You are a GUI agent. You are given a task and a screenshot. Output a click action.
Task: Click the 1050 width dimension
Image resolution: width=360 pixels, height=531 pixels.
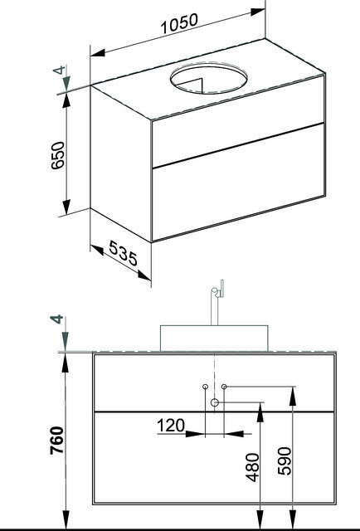179,24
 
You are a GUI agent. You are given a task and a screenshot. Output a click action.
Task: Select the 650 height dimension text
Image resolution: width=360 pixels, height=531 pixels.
57,155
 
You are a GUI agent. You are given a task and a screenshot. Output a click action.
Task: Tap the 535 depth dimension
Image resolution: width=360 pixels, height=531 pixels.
124,253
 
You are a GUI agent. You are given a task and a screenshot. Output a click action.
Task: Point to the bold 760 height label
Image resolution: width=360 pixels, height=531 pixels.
56,441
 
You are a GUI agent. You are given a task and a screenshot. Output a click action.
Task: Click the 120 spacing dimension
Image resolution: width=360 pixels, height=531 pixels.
171,426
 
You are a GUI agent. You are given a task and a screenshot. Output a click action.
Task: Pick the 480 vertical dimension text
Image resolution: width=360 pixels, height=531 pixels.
252,467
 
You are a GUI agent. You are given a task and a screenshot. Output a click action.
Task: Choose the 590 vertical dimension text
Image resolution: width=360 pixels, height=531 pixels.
285,461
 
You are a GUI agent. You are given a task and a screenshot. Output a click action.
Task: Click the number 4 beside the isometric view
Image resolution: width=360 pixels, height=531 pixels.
59,70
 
